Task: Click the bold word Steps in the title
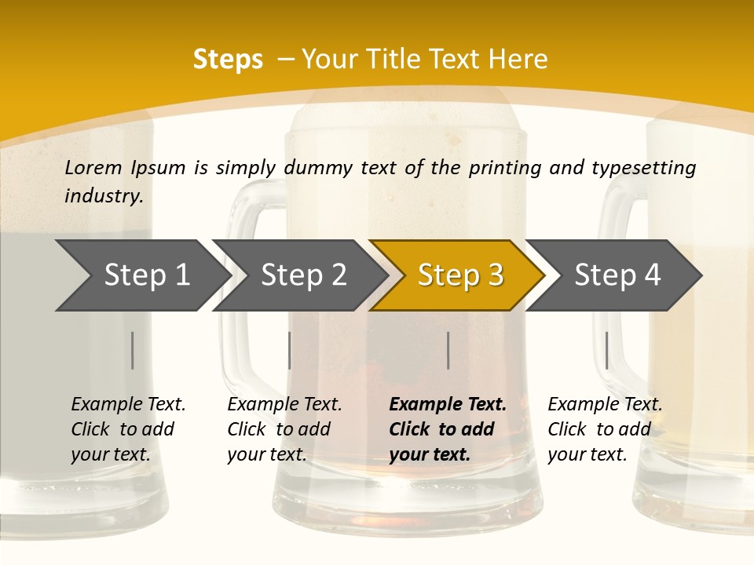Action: pos(228,60)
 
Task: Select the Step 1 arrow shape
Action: pos(141,275)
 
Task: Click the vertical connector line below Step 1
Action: pos(133,350)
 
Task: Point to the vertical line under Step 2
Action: pos(290,350)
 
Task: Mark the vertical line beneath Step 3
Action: pos(448,350)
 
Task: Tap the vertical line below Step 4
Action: pos(606,350)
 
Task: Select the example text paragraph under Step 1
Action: pos(127,429)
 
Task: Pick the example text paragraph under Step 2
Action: pos(284,429)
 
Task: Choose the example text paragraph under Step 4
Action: pos(604,429)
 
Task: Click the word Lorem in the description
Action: pos(93,167)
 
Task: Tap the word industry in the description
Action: pos(104,195)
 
